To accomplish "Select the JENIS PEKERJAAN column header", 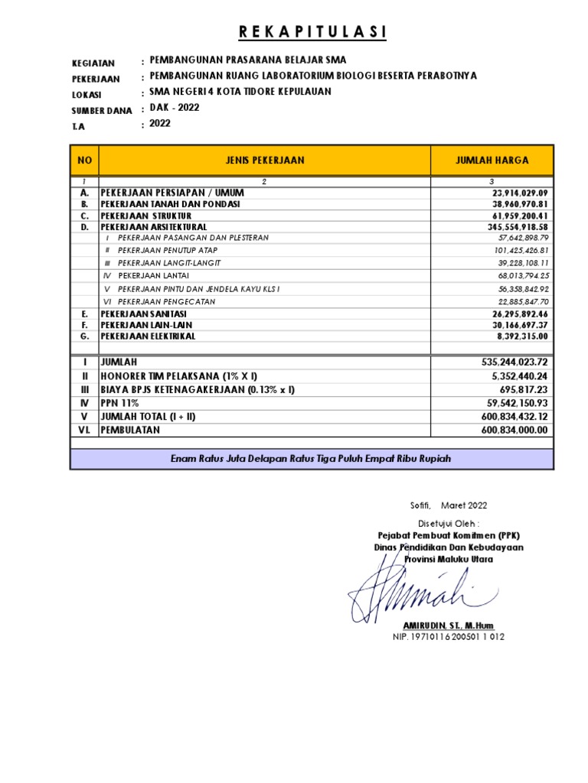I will [265, 161].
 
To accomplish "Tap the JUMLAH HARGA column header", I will [492, 161].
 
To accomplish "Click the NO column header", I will [84, 161].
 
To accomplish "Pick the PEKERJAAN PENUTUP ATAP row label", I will [166, 250].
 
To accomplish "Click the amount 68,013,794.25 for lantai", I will [523, 275].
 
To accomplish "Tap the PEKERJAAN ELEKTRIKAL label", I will [148, 336].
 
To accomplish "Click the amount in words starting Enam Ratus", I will [310, 458].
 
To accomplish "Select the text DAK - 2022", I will [175, 108].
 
